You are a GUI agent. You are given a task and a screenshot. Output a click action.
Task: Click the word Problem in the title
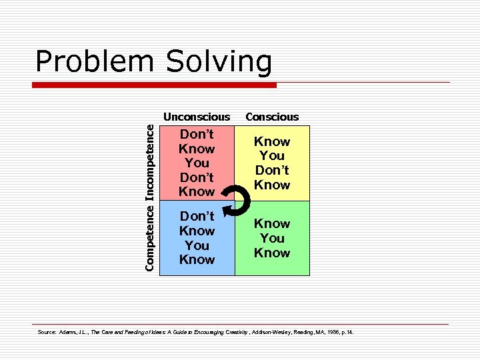(x=91, y=62)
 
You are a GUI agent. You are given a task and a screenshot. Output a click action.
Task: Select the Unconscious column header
(x=197, y=117)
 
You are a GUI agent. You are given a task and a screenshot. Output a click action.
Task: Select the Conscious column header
(x=272, y=117)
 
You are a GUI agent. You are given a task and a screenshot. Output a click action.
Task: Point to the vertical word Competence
(x=151, y=237)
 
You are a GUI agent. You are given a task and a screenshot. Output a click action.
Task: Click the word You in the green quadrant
(x=272, y=238)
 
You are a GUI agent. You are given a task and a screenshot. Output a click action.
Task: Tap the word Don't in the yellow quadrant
(x=272, y=170)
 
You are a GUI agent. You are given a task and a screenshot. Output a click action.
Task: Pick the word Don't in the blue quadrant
(x=197, y=216)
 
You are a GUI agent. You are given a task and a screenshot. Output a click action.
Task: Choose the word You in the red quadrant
(x=197, y=163)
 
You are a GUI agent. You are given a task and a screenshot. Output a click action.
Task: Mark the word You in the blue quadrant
(x=197, y=245)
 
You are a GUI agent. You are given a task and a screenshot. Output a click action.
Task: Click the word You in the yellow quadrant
(x=272, y=156)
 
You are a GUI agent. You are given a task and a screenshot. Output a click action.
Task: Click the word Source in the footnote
(x=45, y=332)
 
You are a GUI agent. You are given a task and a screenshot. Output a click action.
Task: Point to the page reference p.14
(x=346, y=332)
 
